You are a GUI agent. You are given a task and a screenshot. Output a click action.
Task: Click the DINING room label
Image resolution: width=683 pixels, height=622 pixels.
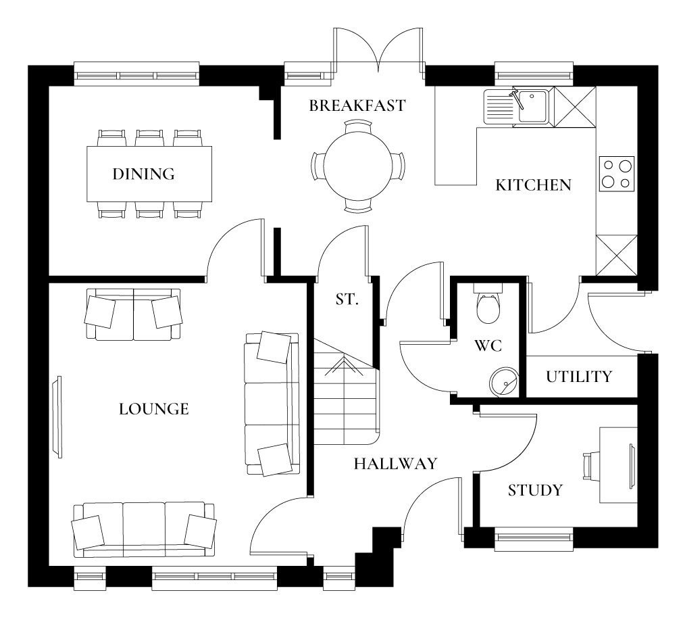pos(143,174)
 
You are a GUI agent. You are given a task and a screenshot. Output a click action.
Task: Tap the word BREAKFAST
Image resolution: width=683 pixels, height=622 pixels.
pos(357,105)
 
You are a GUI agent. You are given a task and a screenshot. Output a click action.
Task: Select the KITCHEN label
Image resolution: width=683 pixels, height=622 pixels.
pos(533,185)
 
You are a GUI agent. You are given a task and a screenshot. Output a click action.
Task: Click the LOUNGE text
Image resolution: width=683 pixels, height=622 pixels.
pos(153,409)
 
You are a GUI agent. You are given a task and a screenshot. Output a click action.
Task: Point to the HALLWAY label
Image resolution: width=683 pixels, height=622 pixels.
pos(395,464)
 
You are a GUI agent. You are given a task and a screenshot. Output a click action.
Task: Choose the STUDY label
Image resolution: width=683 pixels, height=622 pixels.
pos(534,490)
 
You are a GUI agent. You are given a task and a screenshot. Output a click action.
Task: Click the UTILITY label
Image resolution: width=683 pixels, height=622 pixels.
pos(579,377)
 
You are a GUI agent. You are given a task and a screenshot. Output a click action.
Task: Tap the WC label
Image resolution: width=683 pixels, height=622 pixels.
pos(487,345)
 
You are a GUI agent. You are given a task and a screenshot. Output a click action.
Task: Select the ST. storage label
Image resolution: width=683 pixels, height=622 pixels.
pos(347,300)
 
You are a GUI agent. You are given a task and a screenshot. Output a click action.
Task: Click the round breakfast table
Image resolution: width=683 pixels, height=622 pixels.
pos(358,166)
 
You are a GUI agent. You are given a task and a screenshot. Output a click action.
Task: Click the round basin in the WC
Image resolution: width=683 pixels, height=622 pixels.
pos(503,381)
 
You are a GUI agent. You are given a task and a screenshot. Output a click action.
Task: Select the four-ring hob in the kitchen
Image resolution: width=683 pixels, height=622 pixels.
pos(616,173)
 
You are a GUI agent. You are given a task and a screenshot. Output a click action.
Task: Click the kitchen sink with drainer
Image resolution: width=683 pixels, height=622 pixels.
pos(517,106)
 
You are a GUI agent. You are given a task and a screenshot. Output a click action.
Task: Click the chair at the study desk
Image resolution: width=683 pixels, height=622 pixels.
pos(589,465)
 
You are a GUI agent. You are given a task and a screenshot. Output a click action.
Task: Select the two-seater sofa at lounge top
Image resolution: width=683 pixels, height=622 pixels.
pos(134,314)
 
